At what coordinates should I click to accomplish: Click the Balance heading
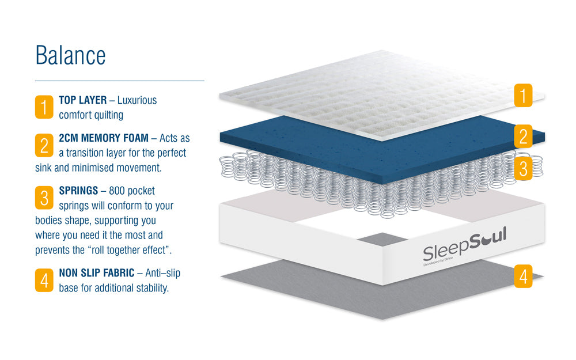pyautogui.click(x=70, y=55)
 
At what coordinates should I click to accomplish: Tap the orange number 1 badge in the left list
pyautogui.click(x=44, y=107)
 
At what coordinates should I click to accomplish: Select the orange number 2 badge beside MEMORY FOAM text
pyautogui.click(x=44, y=145)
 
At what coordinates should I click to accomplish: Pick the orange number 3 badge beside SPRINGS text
pyautogui.click(x=44, y=198)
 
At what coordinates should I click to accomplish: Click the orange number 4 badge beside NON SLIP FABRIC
pyautogui.click(x=44, y=280)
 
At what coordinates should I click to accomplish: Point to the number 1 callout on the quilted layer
pyautogui.click(x=522, y=95)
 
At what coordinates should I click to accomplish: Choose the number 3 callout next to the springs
pyautogui.click(x=522, y=168)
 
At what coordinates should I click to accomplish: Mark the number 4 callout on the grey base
pyautogui.click(x=522, y=277)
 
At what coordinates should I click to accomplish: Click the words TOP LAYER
pyautogui.click(x=83, y=100)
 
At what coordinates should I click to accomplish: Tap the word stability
pyautogui.click(x=151, y=287)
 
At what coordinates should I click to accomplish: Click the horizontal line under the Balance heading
pyautogui.click(x=120, y=81)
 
